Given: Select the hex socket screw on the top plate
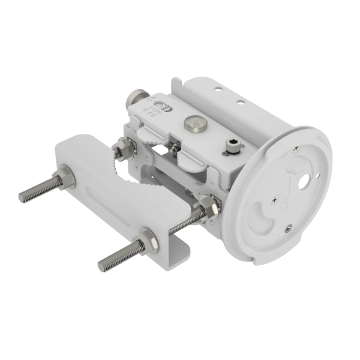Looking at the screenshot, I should [233, 143].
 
